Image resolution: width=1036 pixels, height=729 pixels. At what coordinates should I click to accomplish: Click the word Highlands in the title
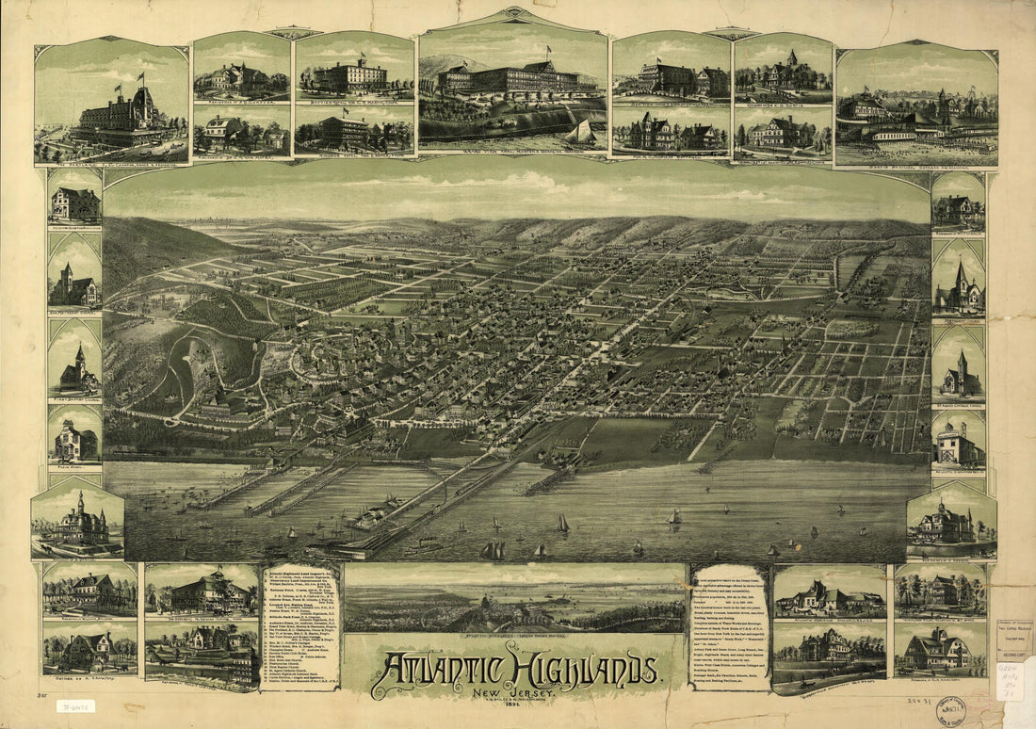point(584,671)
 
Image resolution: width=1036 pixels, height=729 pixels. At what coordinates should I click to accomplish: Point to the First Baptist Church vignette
point(75,363)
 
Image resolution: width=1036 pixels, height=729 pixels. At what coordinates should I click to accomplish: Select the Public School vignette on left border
point(75,435)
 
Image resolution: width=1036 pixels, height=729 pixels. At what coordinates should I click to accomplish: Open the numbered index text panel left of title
point(299,626)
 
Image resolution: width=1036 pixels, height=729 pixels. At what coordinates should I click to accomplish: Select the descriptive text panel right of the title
point(729,626)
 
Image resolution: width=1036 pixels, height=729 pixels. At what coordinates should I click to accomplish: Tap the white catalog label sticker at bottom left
point(75,705)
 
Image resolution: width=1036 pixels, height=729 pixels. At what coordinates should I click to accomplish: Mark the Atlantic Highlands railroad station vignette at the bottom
point(201,650)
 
